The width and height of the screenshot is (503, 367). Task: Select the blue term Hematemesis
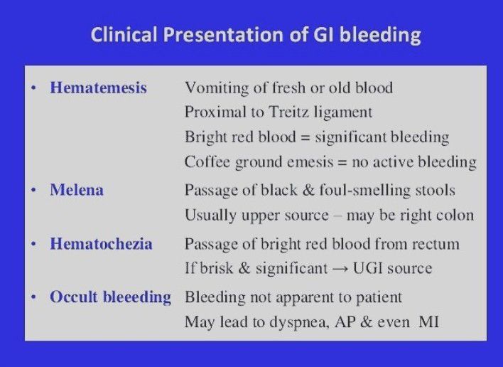[98, 88]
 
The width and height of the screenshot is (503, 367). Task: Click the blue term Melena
[77, 191]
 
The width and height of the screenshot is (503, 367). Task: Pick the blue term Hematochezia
[101, 244]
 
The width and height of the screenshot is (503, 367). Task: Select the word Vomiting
[213, 88]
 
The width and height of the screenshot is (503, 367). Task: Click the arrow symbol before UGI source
[345, 269]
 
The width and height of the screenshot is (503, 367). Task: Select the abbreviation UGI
[374, 269]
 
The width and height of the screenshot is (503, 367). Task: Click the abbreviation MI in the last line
[428, 321]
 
